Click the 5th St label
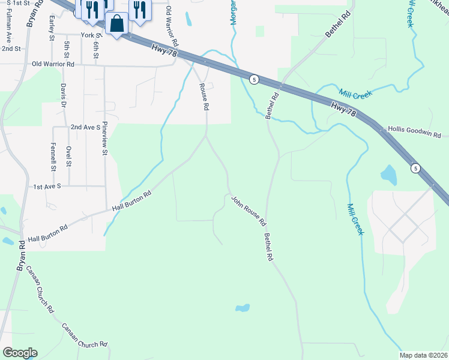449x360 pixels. coord(67,51)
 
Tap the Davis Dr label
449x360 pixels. coord(62,94)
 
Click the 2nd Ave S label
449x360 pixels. coord(85,127)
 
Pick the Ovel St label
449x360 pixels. coord(69,156)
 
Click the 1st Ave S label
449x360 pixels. coord(47,187)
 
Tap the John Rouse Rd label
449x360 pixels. coord(249,209)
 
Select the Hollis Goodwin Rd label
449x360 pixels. coord(414,129)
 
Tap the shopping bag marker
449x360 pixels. coord(117,25)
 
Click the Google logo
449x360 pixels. coord(20,353)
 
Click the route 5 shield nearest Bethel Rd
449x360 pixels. coord(255,80)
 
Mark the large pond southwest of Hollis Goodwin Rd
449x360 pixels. coord(389,175)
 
